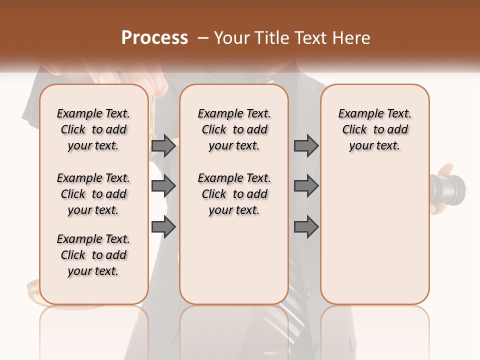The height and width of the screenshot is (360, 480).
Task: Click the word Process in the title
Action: click(x=154, y=38)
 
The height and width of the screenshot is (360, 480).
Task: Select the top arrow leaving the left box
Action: click(x=163, y=146)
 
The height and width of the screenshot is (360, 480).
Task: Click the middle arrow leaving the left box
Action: click(x=163, y=186)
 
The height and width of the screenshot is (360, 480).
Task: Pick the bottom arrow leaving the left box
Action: click(x=163, y=227)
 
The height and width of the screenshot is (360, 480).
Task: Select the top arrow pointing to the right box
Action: click(x=306, y=146)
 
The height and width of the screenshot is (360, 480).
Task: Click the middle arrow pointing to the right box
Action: click(x=306, y=186)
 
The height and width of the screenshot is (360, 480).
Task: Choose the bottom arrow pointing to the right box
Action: click(x=306, y=227)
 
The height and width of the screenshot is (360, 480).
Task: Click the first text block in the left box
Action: click(x=93, y=129)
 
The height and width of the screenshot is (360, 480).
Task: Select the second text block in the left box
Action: click(x=93, y=194)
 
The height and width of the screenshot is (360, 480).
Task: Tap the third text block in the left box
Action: click(x=93, y=255)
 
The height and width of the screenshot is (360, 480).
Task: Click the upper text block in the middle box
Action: click(x=234, y=129)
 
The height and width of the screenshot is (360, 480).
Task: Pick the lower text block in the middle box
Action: click(x=234, y=194)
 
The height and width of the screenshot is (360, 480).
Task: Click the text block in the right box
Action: click(x=374, y=129)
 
